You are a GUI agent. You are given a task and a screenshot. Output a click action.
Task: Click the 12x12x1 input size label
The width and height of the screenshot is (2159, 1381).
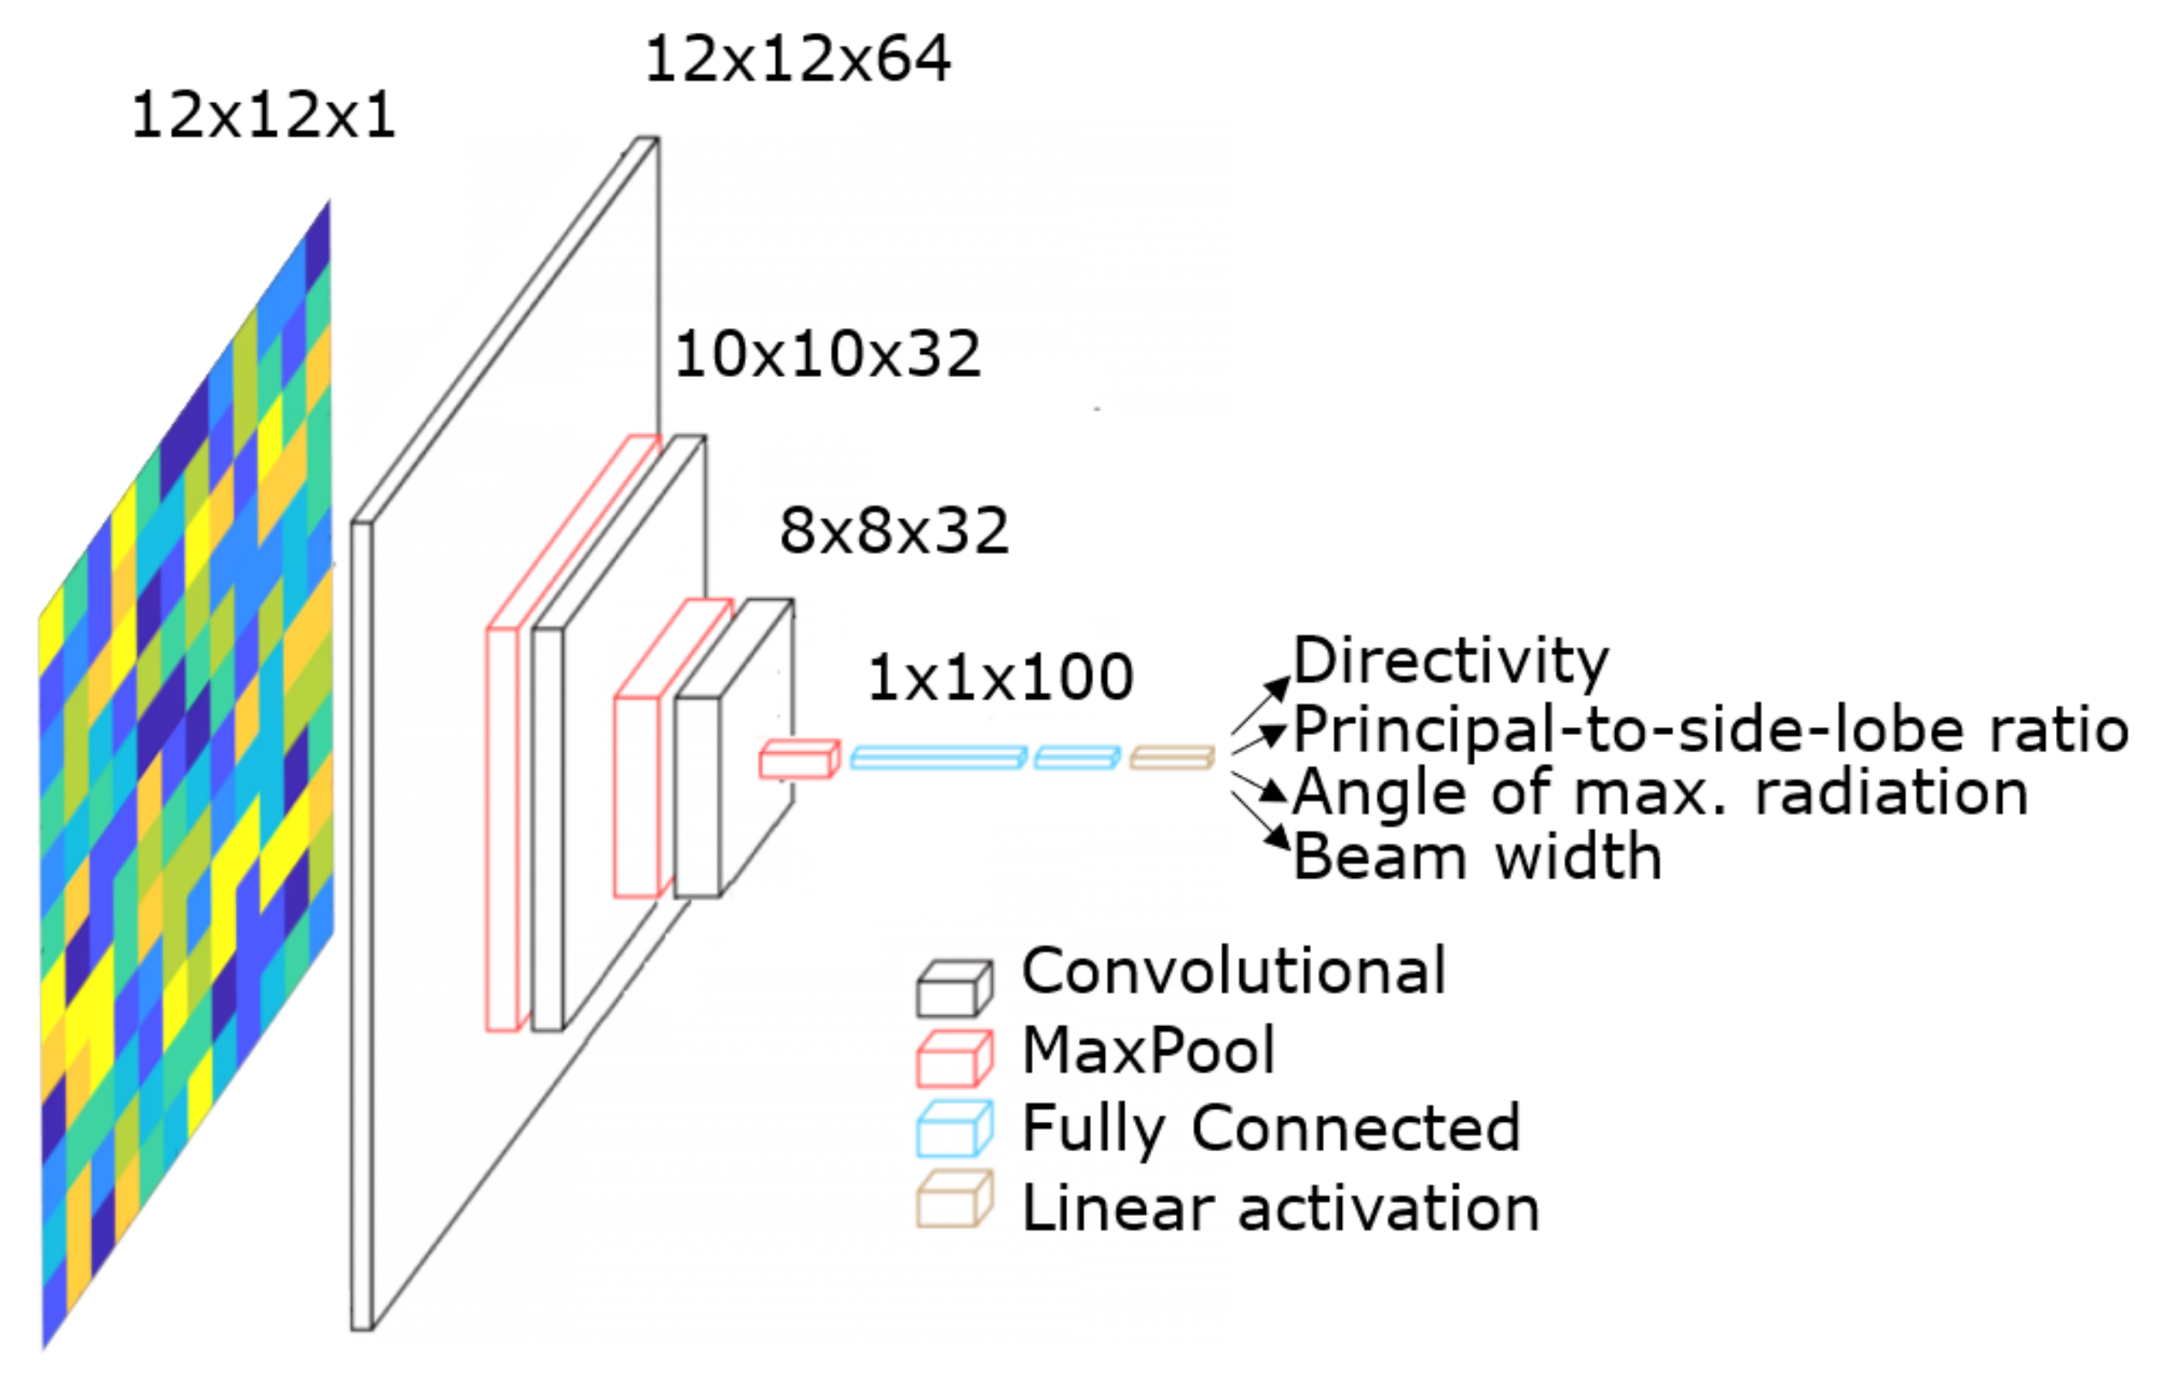262,117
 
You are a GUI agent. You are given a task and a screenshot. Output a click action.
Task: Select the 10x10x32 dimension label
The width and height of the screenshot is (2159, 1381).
827,354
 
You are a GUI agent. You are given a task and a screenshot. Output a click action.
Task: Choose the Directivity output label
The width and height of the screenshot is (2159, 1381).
1451,661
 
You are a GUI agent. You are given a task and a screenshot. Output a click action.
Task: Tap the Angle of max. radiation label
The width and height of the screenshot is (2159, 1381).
1659,793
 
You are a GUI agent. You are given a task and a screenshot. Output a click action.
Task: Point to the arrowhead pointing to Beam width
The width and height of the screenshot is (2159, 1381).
1277,838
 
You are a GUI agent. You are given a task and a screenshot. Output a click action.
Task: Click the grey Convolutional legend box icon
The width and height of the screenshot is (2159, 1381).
954,989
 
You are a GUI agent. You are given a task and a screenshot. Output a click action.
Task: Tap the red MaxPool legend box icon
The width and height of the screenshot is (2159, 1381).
954,1058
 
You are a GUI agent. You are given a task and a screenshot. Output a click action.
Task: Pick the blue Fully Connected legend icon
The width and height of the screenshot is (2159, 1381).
954,1129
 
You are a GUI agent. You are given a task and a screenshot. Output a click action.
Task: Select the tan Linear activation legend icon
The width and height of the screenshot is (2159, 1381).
954,1199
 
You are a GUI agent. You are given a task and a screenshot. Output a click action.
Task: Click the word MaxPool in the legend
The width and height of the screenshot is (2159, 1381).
1148,1051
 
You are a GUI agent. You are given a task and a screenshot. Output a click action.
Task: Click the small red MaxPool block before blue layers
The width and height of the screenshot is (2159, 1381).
798,760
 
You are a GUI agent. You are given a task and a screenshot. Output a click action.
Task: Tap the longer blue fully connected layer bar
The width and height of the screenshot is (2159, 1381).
937,759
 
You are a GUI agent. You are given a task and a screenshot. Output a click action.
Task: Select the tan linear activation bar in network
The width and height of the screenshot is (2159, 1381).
1171,759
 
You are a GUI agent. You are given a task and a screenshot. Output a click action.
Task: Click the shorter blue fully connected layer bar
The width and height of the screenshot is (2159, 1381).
1076,759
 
